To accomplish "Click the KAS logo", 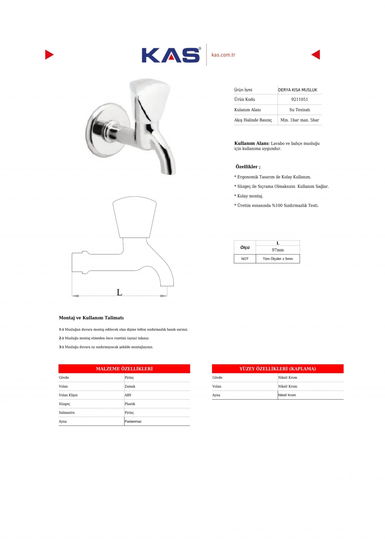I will pyautogui.click(x=171, y=55).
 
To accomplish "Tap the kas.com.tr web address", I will pyautogui.click(x=223, y=55).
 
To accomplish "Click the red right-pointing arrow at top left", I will pyautogui.click(x=49, y=55).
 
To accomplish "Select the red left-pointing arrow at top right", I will pyautogui.click(x=316, y=55).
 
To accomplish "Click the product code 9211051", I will pyautogui.click(x=300, y=100).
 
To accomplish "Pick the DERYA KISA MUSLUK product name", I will pyautogui.click(x=297, y=90).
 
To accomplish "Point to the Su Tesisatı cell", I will pyautogui.click(x=300, y=110).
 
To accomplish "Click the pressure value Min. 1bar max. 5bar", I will pyautogui.click(x=300, y=120).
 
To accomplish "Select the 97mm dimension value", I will pyautogui.click(x=278, y=250).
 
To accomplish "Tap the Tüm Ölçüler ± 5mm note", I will pyautogui.click(x=278, y=259).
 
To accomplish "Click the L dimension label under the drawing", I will pyautogui.click(x=120, y=292).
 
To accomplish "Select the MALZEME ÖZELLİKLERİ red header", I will pyautogui.click(x=124, y=369).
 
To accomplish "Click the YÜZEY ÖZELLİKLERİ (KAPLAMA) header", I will pyautogui.click(x=277, y=369).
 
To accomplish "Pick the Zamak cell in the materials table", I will pyautogui.click(x=130, y=387).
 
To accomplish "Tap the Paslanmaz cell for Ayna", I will pyautogui.click(x=133, y=422).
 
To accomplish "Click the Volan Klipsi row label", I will pyautogui.click(x=68, y=395).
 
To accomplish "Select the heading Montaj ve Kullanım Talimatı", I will pyautogui.click(x=91, y=318).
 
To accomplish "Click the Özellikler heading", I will pyautogui.click(x=248, y=167).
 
